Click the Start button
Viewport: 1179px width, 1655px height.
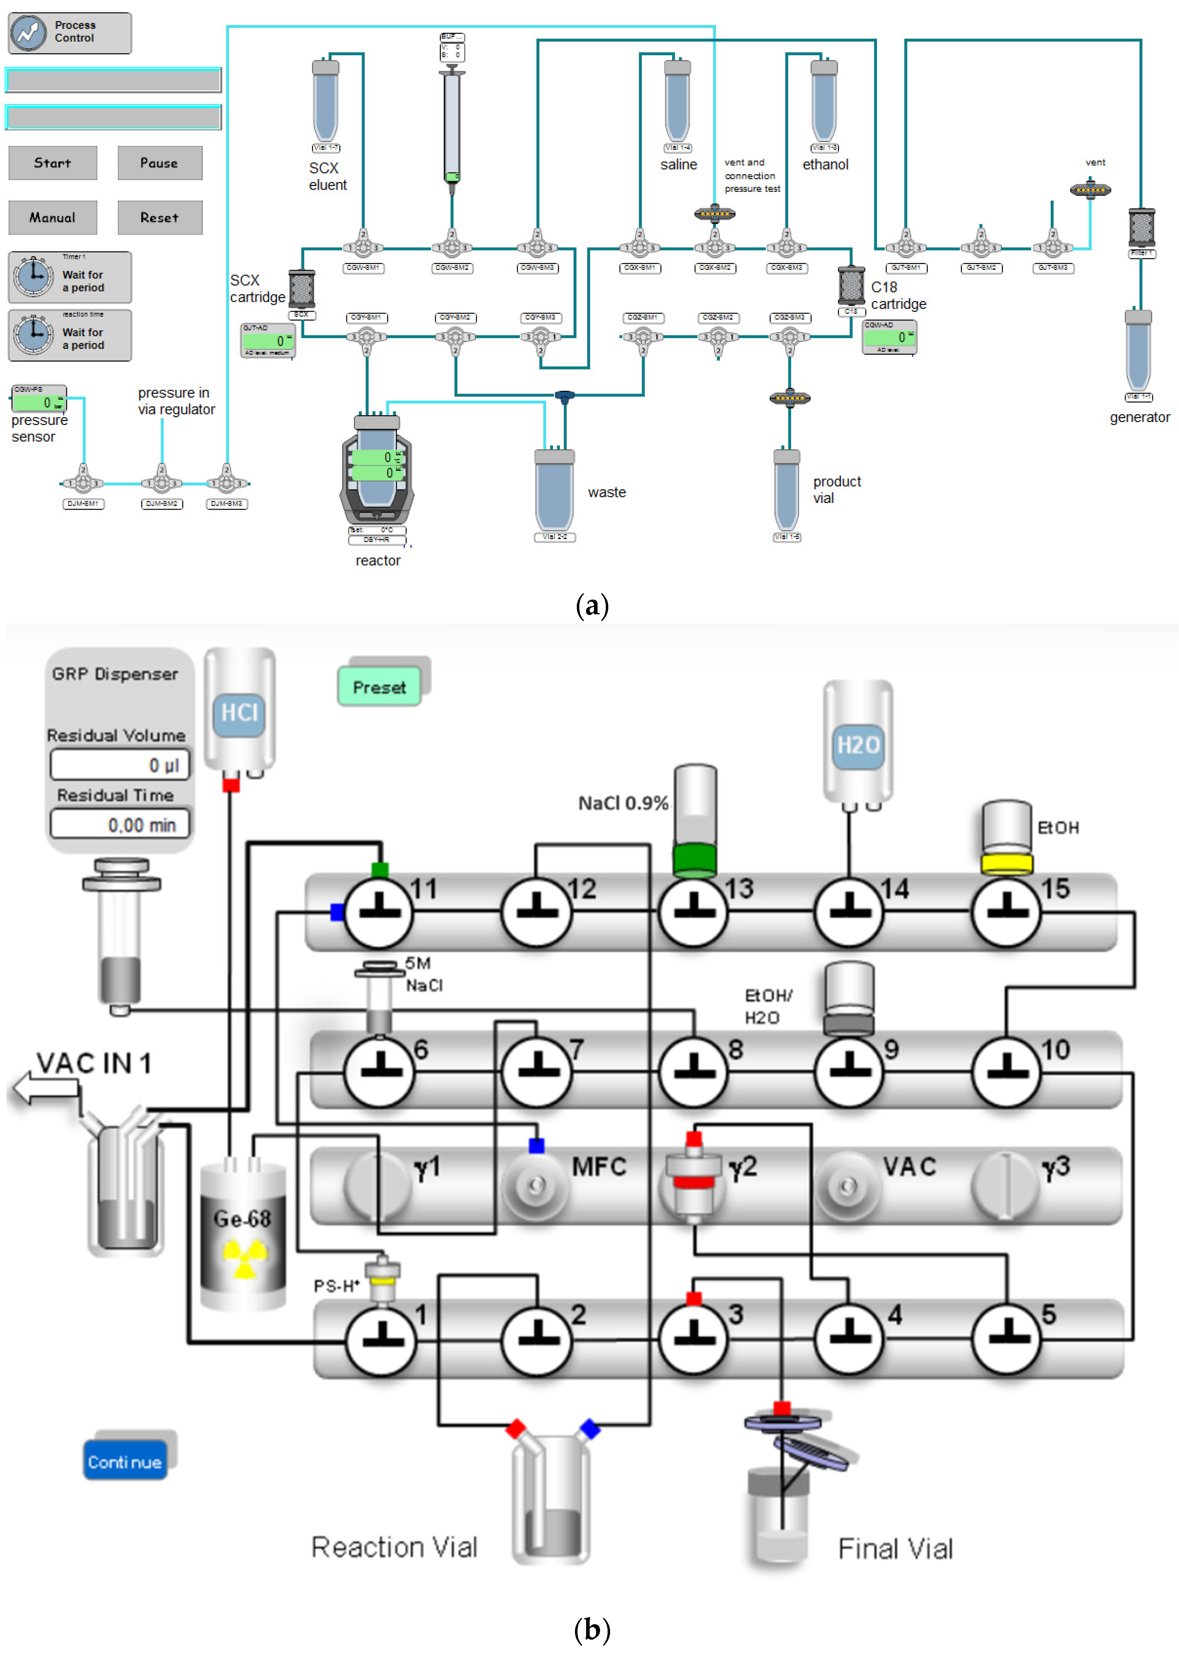pyautogui.click(x=52, y=162)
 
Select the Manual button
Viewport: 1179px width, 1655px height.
pyautogui.click(x=52, y=217)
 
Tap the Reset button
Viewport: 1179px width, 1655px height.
pyautogui.click(x=160, y=217)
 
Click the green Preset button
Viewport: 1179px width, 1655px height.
pyautogui.click(x=379, y=687)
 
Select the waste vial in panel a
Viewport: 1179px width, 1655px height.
pyautogui.click(x=554, y=492)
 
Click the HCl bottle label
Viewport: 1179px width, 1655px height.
pyautogui.click(x=239, y=713)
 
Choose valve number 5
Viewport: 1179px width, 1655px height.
pyautogui.click(x=1006, y=1338)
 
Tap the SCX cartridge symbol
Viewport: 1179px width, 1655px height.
pyautogui.click(x=301, y=288)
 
